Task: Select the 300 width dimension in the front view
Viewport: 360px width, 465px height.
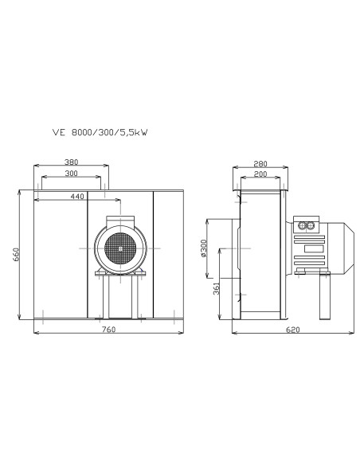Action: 72,174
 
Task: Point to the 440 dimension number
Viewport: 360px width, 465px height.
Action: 76,195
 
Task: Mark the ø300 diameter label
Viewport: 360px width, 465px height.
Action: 204,248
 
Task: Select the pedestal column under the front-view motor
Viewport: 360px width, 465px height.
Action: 120,296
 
